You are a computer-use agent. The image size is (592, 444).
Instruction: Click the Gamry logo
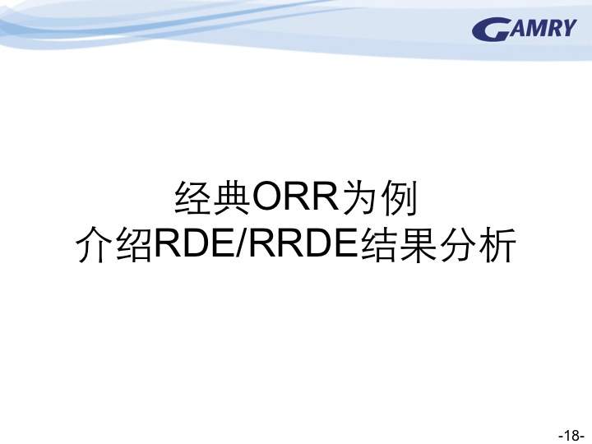pyautogui.click(x=525, y=29)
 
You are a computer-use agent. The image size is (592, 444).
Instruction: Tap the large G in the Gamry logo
pyautogui.click(x=489, y=30)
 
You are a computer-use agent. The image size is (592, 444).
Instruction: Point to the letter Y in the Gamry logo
pyautogui.click(x=567, y=27)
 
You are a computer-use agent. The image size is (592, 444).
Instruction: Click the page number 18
pyautogui.click(x=571, y=435)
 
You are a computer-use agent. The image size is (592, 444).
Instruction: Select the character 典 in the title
pyautogui.click(x=232, y=198)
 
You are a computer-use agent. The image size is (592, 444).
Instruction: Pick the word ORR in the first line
pyautogui.click(x=296, y=197)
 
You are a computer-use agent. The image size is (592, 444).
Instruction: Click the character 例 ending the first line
pyautogui.click(x=399, y=198)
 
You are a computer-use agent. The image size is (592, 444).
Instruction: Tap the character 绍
pyautogui.click(x=134, y=244)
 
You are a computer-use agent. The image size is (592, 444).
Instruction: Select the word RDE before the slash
pyautogui.click(x=194, y=244)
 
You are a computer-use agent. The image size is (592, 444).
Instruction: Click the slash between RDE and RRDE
pyautogui.click(x=241, y=244)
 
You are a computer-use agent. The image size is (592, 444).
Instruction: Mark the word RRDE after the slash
pyautogui.click(x=303, y=244)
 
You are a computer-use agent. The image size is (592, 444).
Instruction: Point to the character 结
pyautogui.click(x=379, y=244)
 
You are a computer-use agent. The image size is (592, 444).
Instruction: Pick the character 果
pyautogui.click(x=419, y=244)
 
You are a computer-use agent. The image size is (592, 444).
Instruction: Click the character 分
pyautogui.click(x=458, y=244)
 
